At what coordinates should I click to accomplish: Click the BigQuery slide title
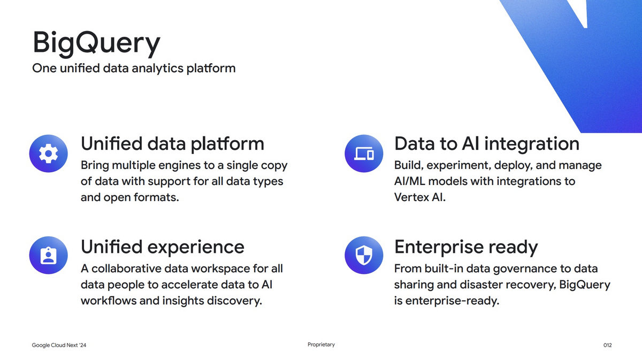(x=96, y=43)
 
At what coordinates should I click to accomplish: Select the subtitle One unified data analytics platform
(x=134, y=68)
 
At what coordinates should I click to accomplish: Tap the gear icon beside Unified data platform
(x=49, y=154)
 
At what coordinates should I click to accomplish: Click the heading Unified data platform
(x=172, y=143)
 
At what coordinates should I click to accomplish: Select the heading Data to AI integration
(x=486, y=143)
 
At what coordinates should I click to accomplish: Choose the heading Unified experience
(x=162, y=247)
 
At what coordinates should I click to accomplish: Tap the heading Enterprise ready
(x=465, y=247)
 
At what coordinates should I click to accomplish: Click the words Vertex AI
(x=419, y=197)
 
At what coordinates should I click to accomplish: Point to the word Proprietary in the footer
(x=321, y=344)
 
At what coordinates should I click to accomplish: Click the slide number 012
(x=607, y=346)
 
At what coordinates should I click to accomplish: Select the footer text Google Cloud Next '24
(x=59, y=346)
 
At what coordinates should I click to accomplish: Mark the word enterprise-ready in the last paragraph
(x=452, y=301)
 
